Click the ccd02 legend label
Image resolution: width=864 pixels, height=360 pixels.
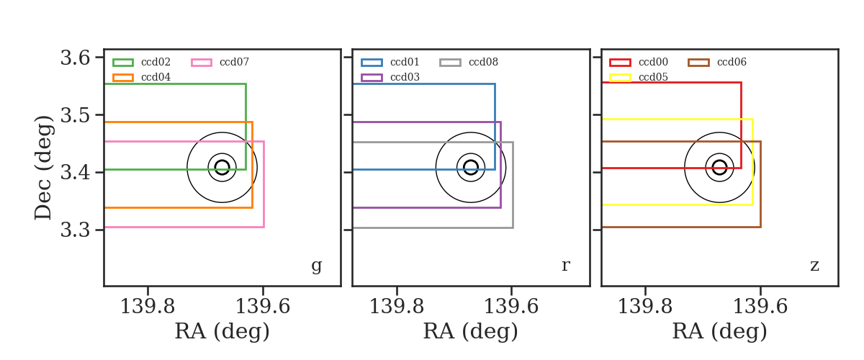pos(156,62)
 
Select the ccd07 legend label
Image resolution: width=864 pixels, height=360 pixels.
pos(234,62)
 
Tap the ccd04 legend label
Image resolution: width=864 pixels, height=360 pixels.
pos(156,77)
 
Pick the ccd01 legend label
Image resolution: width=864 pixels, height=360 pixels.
pos(405,62)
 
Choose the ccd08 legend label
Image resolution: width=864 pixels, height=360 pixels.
pos(483,62)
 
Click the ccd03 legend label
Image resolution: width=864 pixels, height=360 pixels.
pos(405,77)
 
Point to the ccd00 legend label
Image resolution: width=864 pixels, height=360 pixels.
pos(653,62)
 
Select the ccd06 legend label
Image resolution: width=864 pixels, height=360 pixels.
pos(732,62)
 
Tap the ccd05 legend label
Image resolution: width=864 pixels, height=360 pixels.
pos(653,77)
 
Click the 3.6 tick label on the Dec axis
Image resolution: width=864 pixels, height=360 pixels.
pos(75,58)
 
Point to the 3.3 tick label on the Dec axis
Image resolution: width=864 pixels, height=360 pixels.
pos(75,230)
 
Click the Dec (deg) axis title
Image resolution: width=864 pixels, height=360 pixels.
pos(42,168)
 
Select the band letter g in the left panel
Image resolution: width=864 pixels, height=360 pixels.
pos(316,266)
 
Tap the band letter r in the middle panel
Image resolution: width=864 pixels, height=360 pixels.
pos(565,265)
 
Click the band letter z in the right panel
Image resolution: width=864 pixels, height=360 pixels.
pos(814,266)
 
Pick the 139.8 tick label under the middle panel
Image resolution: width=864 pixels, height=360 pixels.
pos(397,307)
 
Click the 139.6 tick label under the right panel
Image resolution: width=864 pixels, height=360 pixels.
pos(760,307)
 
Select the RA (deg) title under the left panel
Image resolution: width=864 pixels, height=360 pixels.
pos(222,331)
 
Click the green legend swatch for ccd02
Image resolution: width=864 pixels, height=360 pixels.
pos(123,63)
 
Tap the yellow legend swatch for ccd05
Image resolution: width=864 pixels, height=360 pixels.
pos(620,78)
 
